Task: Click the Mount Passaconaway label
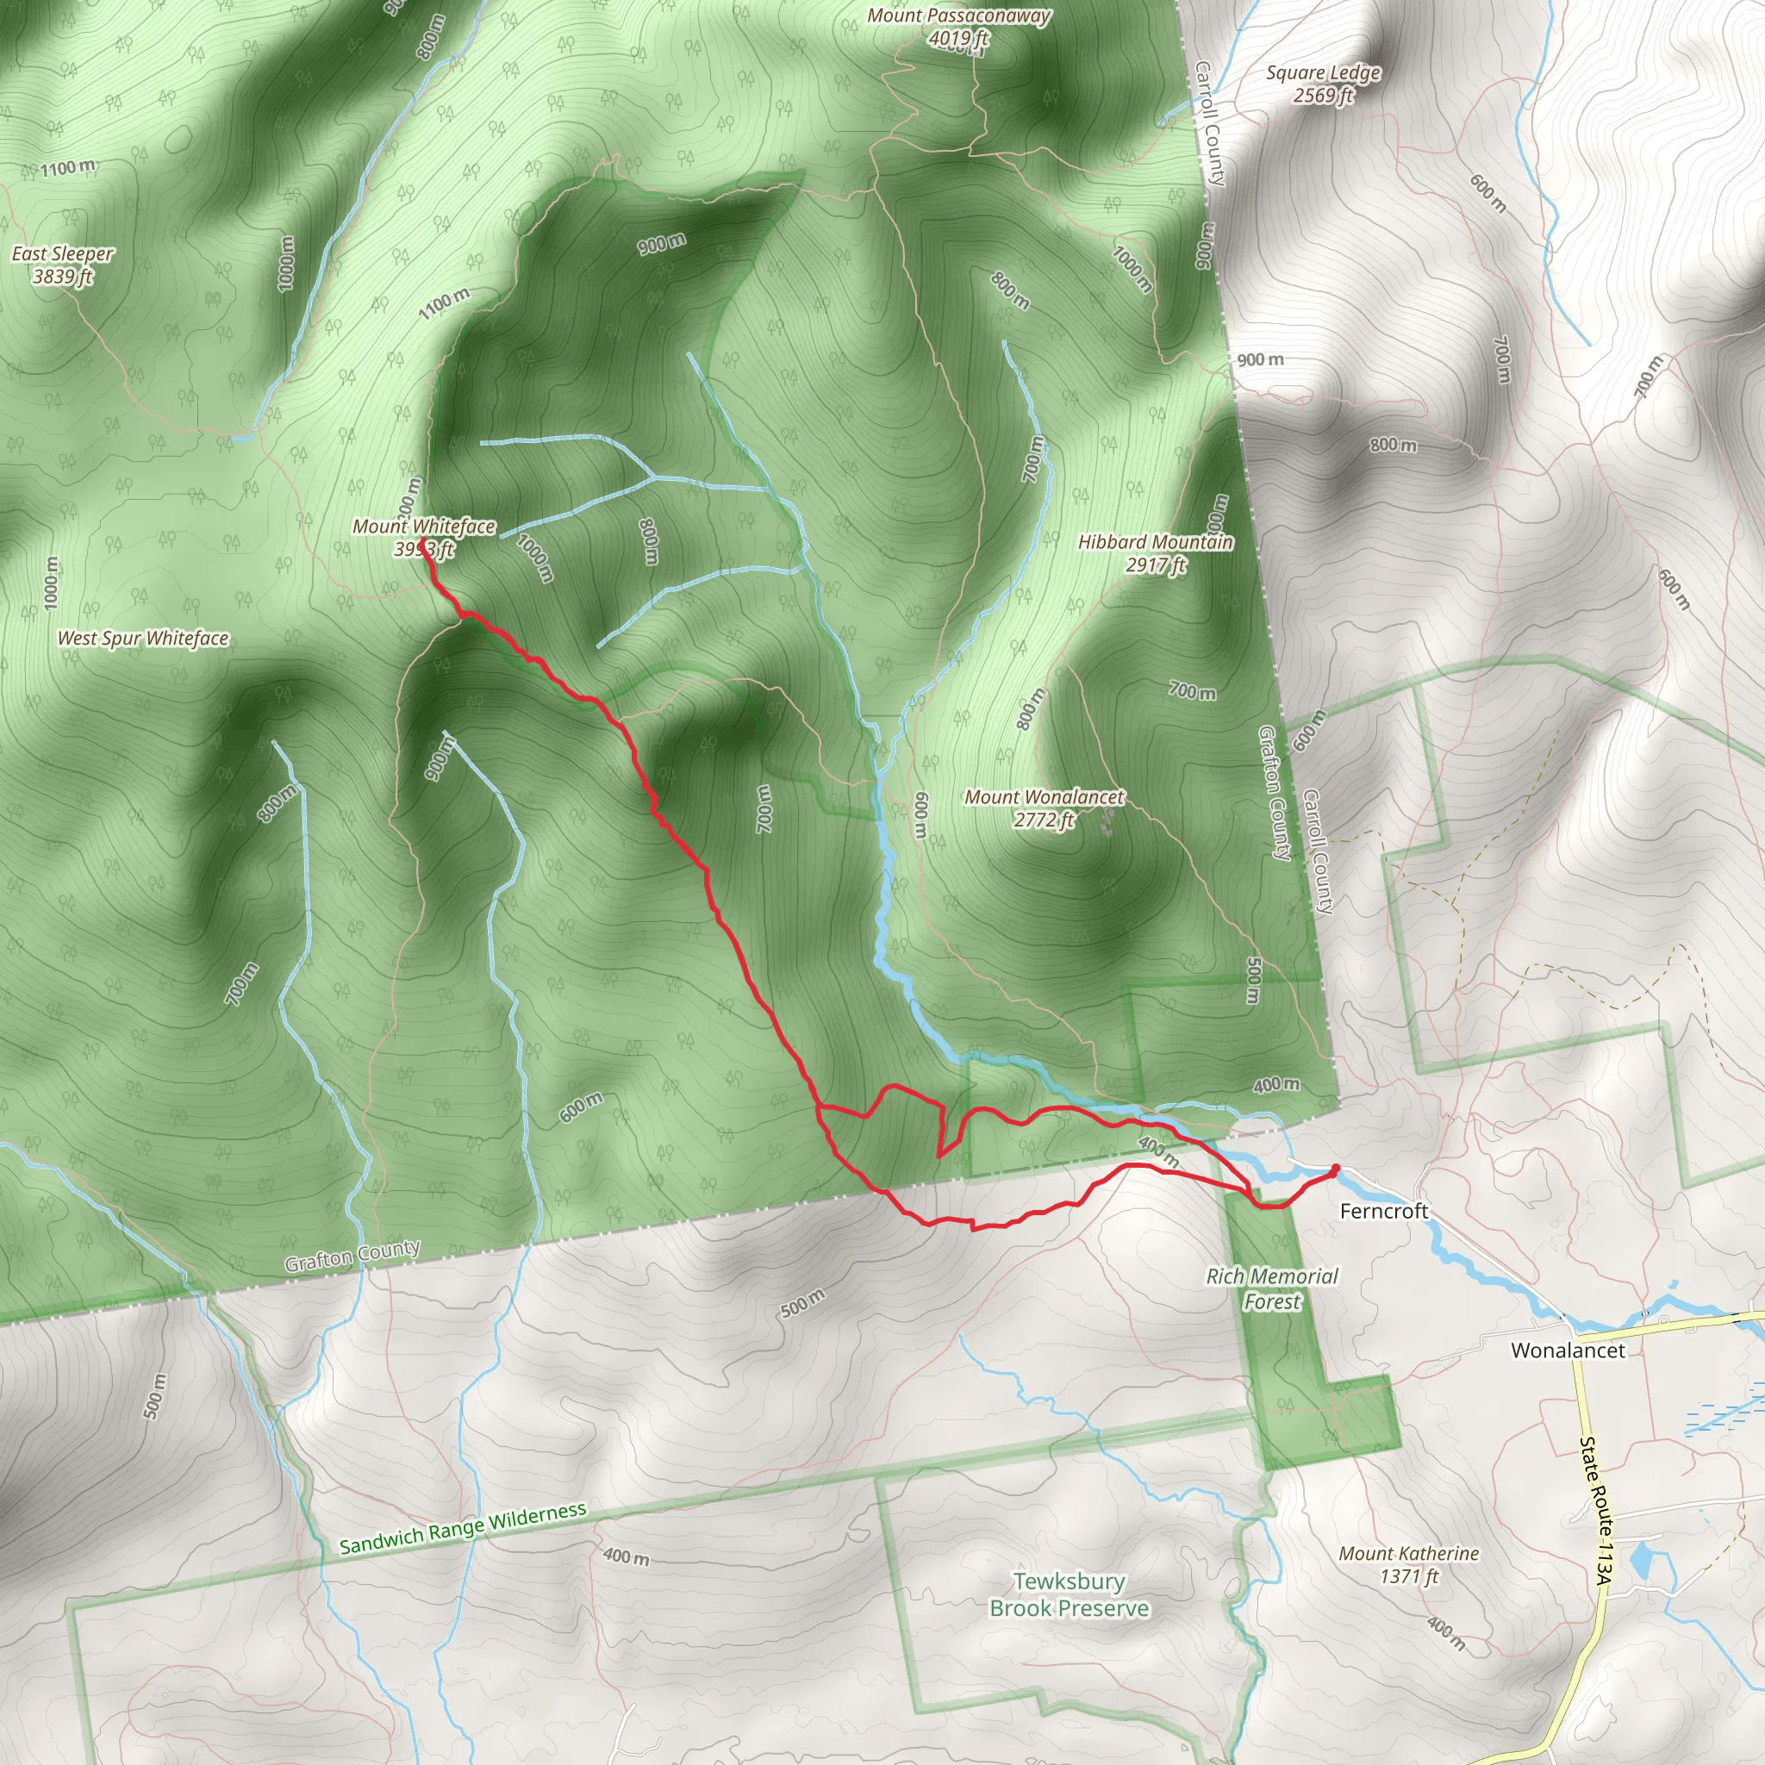pos(958,16)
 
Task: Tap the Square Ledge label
pos(1323,73)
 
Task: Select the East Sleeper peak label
pos(63,254)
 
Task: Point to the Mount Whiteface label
pos(424,527)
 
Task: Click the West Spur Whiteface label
pos(143,639)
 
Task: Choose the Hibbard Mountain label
pos(1156,543)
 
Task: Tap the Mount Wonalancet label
pos(1045,797)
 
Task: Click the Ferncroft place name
pos(1383,1212)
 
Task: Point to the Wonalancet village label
pos(1568,1350)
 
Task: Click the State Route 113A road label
pos(1596,1512)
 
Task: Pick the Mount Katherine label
pos(1409,1553)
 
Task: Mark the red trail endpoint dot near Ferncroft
pos(1335,1169)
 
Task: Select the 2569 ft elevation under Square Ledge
pos(1323,96)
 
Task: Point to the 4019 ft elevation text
pos(958,39)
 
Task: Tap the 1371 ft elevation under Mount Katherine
pos(1409,1576)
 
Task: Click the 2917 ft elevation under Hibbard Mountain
pos(1156,565)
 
